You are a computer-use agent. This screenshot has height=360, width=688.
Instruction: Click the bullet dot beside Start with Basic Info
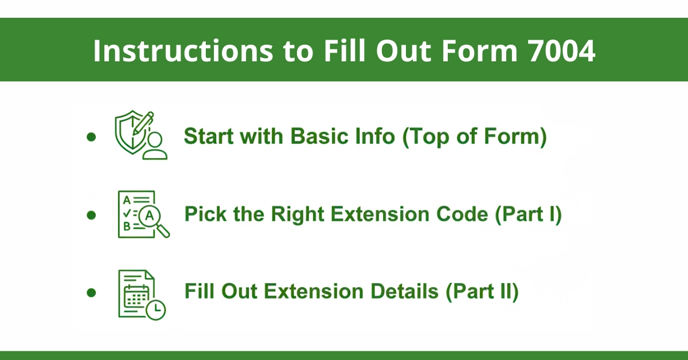[x=91, y=138]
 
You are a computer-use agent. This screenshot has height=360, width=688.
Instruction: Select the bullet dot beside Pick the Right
[x=91, y=216]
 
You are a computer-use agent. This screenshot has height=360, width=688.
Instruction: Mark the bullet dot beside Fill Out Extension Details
[x=91, y=292]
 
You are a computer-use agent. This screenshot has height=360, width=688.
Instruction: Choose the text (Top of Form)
[x=474, y=138]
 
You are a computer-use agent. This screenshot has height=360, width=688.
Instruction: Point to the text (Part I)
[x=528, y=215]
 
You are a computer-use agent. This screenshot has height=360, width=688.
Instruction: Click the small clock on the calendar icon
[x=155, y=310]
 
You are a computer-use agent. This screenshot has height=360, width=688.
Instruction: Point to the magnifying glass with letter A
[x=153, y=218]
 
